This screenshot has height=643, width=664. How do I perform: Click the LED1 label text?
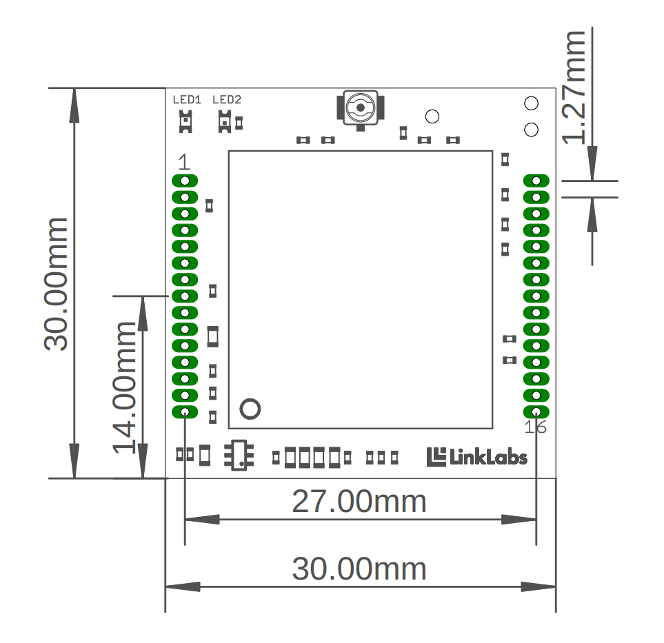tap(187, 100)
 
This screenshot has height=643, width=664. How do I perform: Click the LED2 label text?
tap(227, 100)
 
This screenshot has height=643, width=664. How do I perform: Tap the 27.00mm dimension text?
tap(359, 502)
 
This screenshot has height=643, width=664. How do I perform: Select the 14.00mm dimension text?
tap(125, 387)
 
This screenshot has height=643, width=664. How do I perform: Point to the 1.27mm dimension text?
tap(574, 88)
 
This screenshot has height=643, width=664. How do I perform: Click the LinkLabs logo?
tap(477, 457)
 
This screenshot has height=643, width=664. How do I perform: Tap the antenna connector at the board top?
tap(361, 109)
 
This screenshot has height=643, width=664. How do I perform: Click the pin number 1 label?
tap(184, 162)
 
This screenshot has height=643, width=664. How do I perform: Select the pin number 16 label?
tap(535, 427)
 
